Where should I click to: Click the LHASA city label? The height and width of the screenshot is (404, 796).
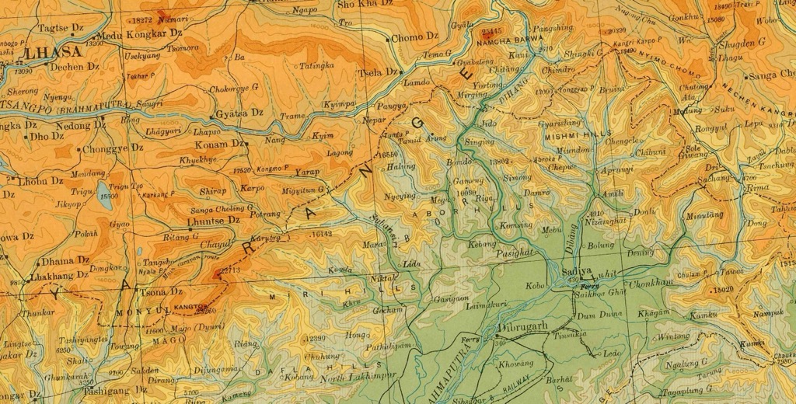[x=53, y=53]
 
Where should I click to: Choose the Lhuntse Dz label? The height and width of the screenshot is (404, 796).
[x=215, y=221]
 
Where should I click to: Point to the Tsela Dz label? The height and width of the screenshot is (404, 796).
[x=377, y=72]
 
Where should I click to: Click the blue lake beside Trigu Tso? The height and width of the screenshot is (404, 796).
[x=103, y=190]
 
